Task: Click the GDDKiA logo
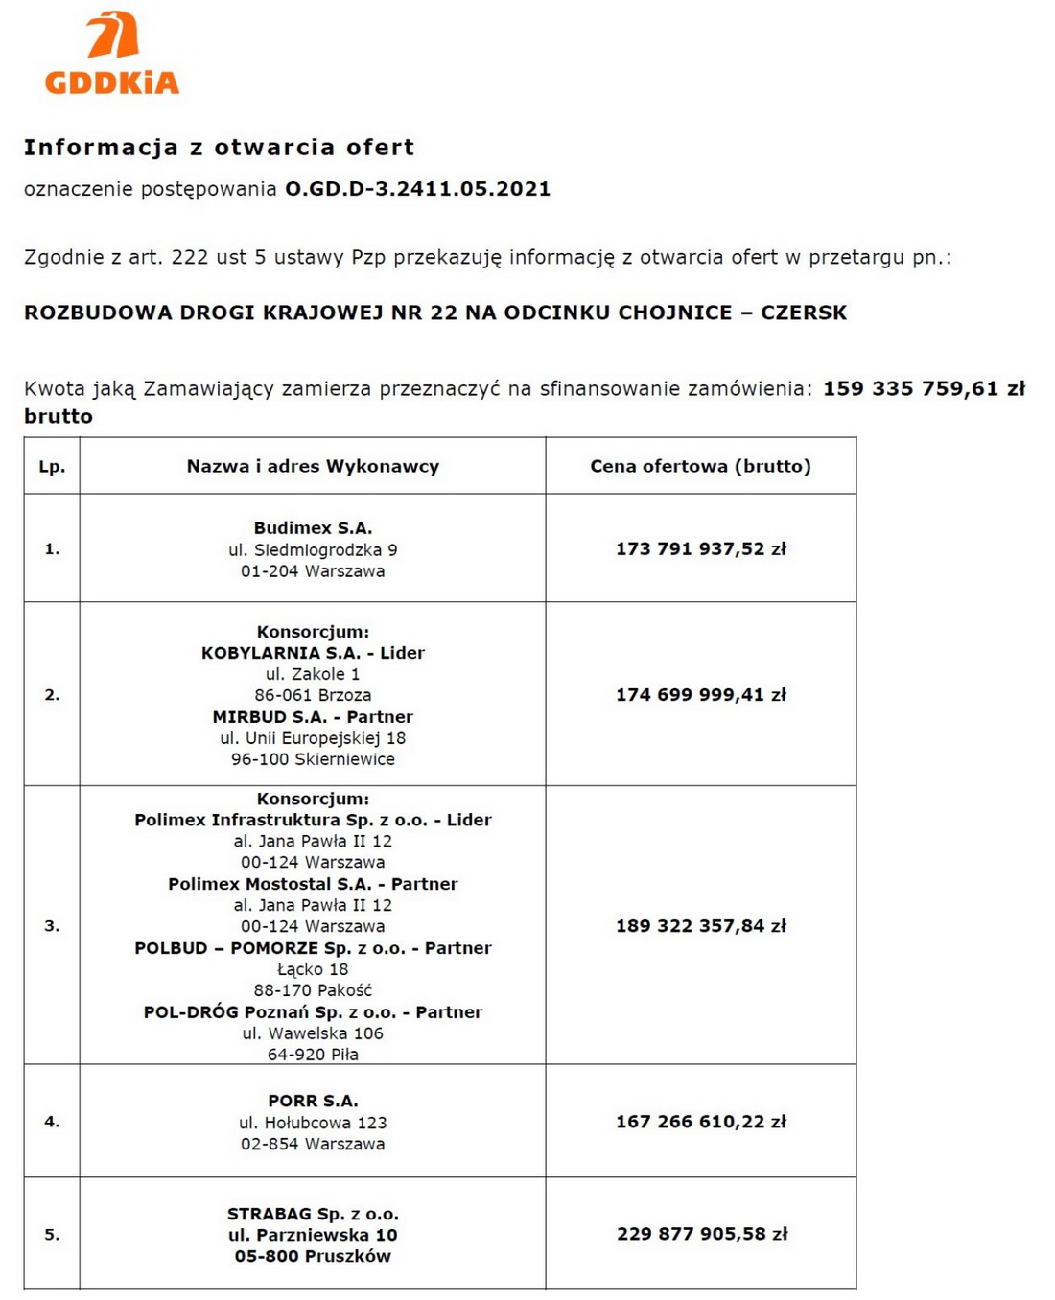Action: click(x=112, y=54)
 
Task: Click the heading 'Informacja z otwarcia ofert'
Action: click(x=219, y=148)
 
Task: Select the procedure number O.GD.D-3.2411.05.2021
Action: click(x=417, y=189)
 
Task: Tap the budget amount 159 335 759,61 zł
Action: click(x=924, y=389)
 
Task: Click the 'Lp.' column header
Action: click(x=52, y=467)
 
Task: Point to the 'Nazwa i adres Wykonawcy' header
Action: click(x=313, y=467)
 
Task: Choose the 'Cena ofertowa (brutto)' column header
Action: click(x=700, y=467)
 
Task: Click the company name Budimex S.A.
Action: click(x=313, y=528)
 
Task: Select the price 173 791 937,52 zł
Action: click(x=700, y=549)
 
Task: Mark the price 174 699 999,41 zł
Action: click(x=700, y=695)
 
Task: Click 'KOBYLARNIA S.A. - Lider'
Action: click(x=313, y=653)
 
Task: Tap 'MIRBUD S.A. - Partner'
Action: click(x=313, y=717)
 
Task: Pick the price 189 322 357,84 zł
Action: click(x=700, y=926)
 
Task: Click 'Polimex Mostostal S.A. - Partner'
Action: click(x=313, y=884)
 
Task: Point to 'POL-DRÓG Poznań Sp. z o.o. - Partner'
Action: click(x=313, y=1012)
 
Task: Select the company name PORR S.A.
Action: click(x=313, y=1102)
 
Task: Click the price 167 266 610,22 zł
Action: click(x=700, y=1122)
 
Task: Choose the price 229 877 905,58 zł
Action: click(x=701, y=1234)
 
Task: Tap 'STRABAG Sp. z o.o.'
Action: click(x=313, y=1214)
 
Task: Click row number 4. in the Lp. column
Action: click(x=52, y=1122)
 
